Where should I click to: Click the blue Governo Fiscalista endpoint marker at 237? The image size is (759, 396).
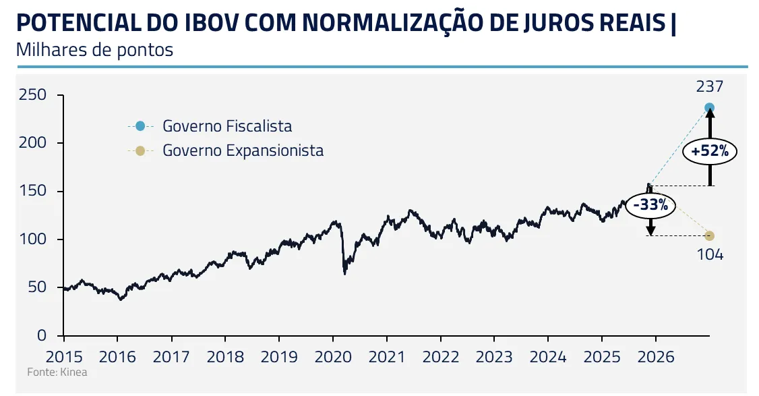coord(709,108)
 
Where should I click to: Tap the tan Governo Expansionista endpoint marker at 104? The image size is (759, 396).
coord(709,235)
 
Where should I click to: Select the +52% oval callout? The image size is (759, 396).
coord(709,152)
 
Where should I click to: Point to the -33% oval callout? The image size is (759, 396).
coord(650,205)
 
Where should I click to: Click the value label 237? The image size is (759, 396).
coord(709,86)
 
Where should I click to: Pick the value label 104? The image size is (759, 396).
coord(709,254)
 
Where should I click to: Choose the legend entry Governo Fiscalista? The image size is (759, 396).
coord(227,126)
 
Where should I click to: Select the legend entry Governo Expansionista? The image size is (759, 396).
coord(243,150)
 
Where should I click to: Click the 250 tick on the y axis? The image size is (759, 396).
coord(32,95)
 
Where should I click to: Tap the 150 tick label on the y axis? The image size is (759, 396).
coord(32,192)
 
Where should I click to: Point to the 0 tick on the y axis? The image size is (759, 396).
coord(41,335)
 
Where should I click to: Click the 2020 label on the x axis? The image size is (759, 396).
coord(333,356)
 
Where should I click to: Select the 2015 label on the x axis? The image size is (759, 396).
coord(63,356)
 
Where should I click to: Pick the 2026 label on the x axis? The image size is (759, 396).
coord(655,356)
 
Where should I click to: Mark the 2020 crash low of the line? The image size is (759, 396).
coord(344,273)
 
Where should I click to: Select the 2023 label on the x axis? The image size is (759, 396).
coord(494,356)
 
